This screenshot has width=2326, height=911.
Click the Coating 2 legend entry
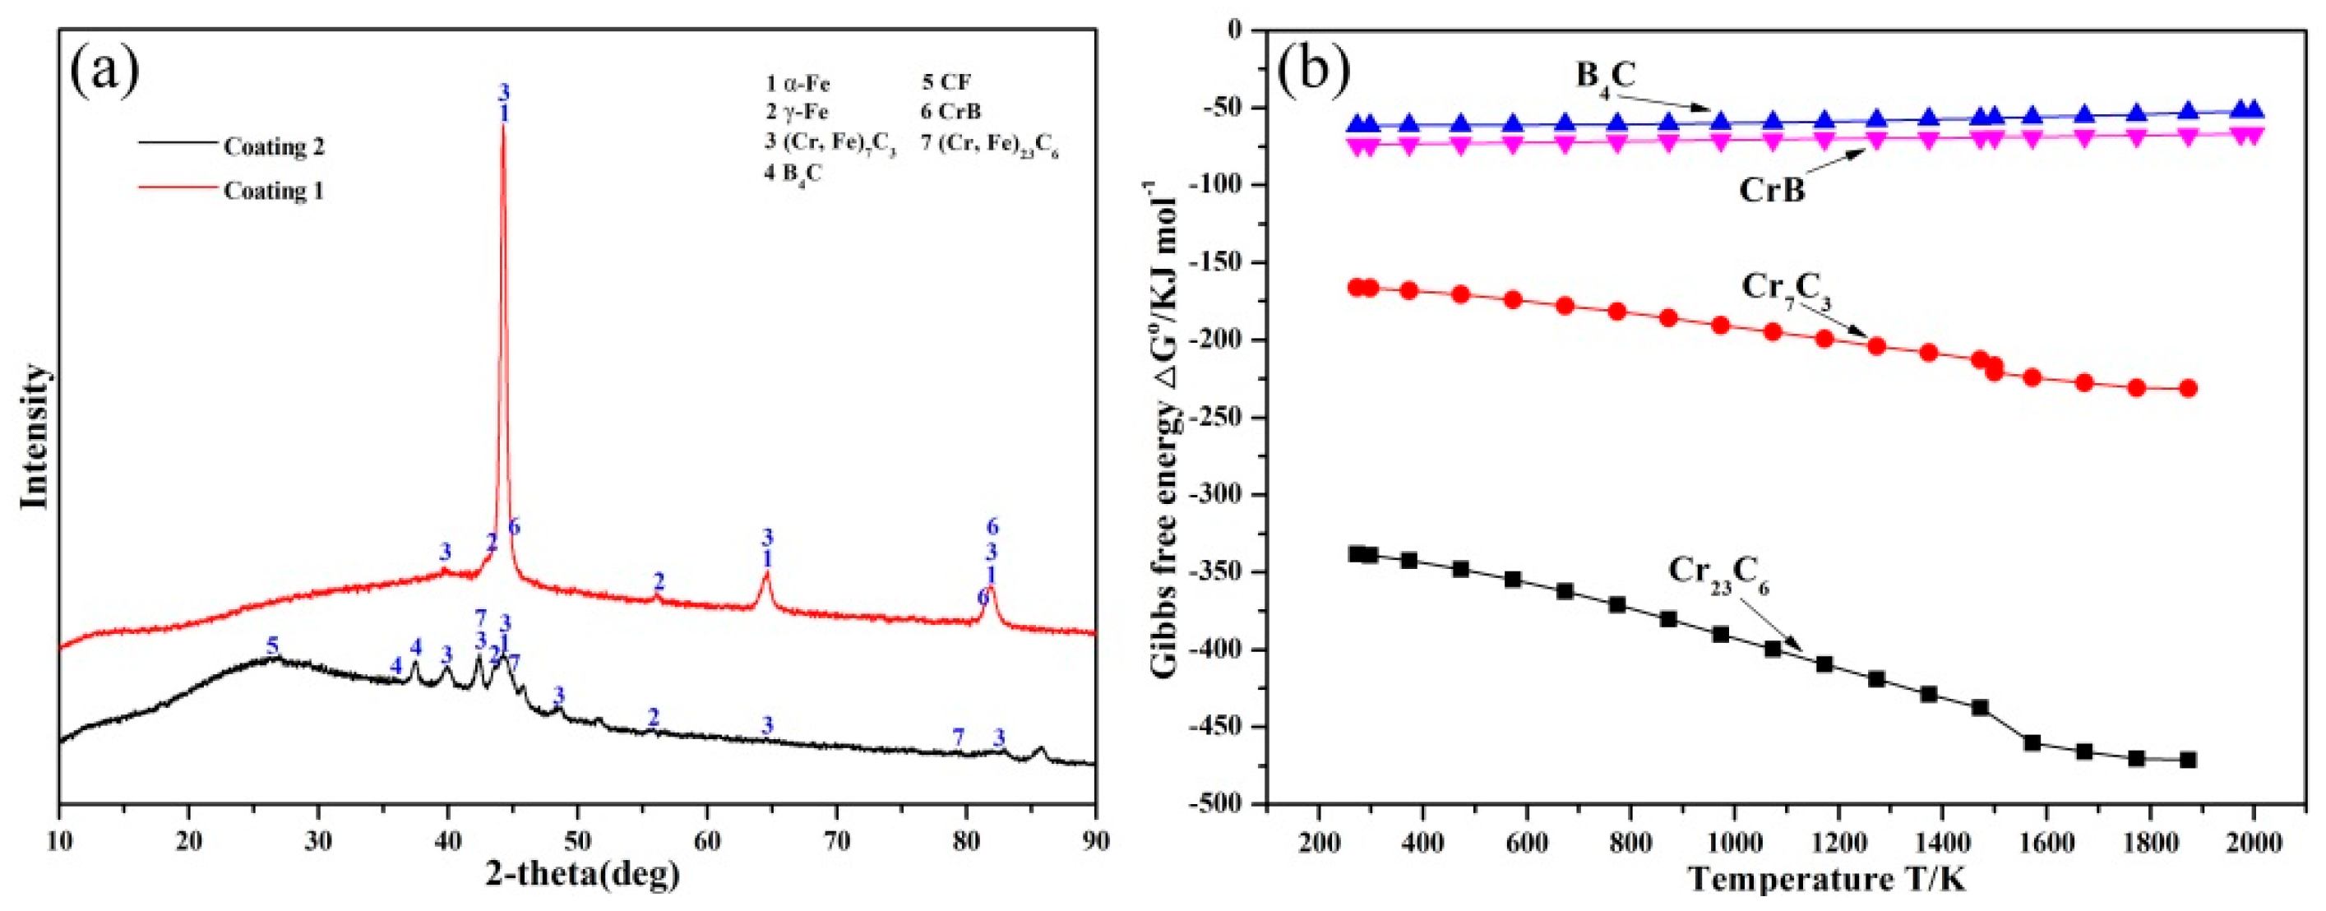coord(273,147)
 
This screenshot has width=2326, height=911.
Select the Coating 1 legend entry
coord(273,192)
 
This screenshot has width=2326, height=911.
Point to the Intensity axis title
coord(35,437)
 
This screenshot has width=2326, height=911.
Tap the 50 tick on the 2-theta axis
coord(577,836)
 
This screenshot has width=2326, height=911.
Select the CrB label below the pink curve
coord(1771,192)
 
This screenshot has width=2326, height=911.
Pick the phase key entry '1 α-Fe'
coord(798,85)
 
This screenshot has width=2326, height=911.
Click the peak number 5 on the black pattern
coord(273,645)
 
